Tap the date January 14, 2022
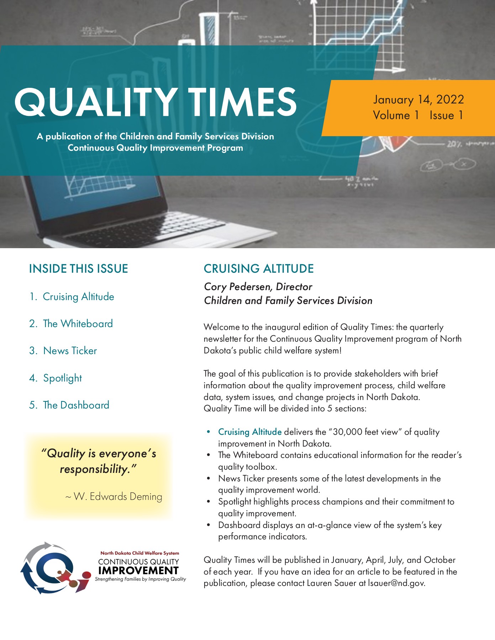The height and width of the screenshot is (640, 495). coord(418,100)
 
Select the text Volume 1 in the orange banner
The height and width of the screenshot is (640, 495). coord(396,116)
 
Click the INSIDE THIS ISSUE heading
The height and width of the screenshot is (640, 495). coord(78,269)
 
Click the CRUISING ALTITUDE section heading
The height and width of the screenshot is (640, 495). coord(259,269)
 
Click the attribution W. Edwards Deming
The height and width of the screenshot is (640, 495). coord(117,496)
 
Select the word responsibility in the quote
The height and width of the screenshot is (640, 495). coord(94,469)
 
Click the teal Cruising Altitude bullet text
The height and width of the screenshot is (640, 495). coord(250,432)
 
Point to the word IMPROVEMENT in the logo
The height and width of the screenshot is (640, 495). coord(138,571)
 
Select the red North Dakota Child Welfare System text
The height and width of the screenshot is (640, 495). coord(139,553)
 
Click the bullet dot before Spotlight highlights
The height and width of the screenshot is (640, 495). coord(209,502)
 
